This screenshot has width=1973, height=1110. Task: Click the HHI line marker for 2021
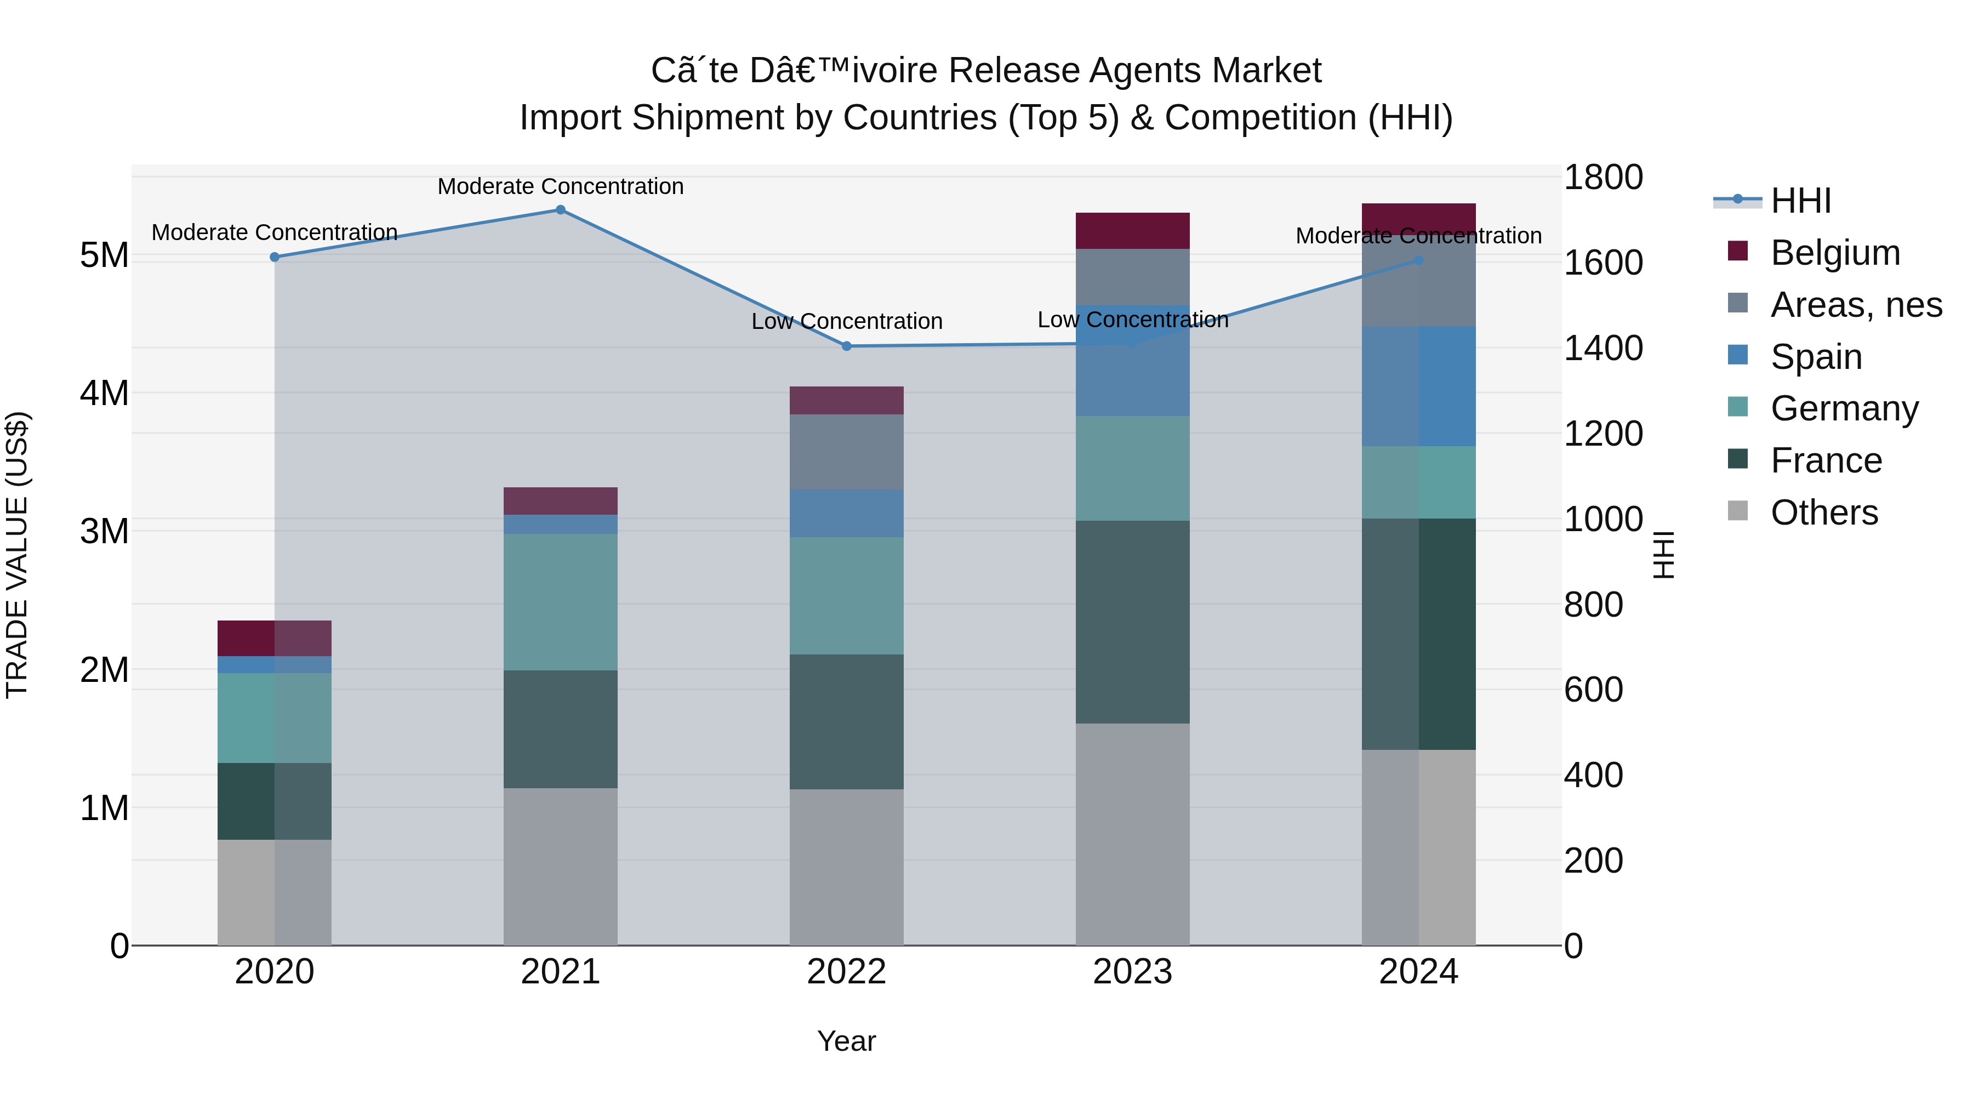point(560,210)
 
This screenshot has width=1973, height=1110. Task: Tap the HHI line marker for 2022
point(846,346)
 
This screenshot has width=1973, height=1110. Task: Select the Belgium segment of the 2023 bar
point(1132,231)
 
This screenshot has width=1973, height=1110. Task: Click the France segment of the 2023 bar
point(1132,622)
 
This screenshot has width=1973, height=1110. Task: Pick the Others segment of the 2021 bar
point(560,867)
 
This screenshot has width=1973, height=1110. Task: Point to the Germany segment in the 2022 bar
point(846,595)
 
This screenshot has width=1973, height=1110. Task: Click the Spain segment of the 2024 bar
point(1418,386)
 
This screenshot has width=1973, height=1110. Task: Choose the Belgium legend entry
point(1834,253)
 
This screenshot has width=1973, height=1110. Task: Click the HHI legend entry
point(1800,201)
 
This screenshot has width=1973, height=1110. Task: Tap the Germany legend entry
point(1844,408)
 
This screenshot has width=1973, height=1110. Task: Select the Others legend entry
point(1823,513)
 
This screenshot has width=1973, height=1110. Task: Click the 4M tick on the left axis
point(104,393)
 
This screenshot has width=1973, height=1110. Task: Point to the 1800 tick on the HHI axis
point(1603,178)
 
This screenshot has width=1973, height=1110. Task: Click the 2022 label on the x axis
point(846,972)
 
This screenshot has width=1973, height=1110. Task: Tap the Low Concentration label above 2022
point(846,321)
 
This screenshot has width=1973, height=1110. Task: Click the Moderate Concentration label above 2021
point(560,186)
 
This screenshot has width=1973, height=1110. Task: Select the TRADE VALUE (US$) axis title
point(17,555)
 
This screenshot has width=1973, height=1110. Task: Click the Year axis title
point(846,1041)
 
